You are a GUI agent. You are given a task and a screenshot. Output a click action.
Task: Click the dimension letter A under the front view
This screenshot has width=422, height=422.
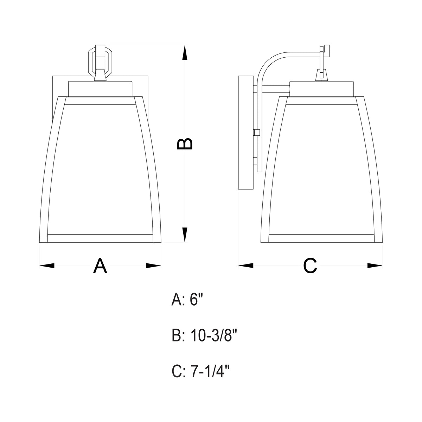click(x=100, y=266)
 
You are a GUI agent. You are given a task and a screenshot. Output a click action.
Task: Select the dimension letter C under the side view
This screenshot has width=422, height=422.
click(x=310, y=266)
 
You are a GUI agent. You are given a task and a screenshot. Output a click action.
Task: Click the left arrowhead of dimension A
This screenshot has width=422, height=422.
click(x=47, y=266)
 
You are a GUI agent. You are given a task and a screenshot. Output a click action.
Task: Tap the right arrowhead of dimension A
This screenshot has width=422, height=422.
click(x=154, y=266)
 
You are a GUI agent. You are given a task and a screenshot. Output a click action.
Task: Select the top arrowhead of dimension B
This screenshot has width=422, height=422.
click(x=185, y=52)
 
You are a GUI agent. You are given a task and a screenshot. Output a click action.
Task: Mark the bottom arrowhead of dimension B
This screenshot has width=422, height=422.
click(x=185, y=235)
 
